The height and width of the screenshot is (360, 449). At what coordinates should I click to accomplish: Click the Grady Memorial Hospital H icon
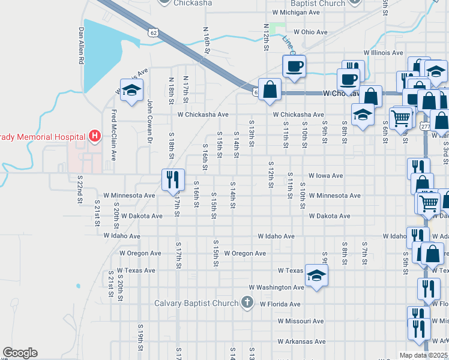pos(94,136)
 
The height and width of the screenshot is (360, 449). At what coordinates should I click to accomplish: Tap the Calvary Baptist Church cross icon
pos(247,303)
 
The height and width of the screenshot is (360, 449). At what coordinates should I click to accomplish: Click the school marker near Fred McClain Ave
pos(131,90)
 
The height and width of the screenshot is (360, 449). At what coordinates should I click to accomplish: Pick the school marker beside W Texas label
pos(316,275)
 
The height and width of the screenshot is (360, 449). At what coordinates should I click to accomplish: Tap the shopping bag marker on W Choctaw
pos(270,90)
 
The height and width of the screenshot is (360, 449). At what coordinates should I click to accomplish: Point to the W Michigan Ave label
pos(296,12)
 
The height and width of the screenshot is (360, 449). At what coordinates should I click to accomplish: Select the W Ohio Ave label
pos(310,32)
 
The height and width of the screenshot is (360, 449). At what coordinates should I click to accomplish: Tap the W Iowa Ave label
pos(325,176)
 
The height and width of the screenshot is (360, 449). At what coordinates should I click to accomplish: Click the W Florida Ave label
pos(280,304)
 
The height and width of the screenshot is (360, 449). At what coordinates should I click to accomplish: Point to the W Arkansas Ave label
pos(302,341)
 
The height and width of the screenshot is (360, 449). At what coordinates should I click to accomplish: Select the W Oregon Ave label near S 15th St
pos(245,253)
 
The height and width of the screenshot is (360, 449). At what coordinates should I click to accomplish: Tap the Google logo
pos(20,353)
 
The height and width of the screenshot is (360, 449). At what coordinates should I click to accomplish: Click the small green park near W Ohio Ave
pos(277,28)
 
